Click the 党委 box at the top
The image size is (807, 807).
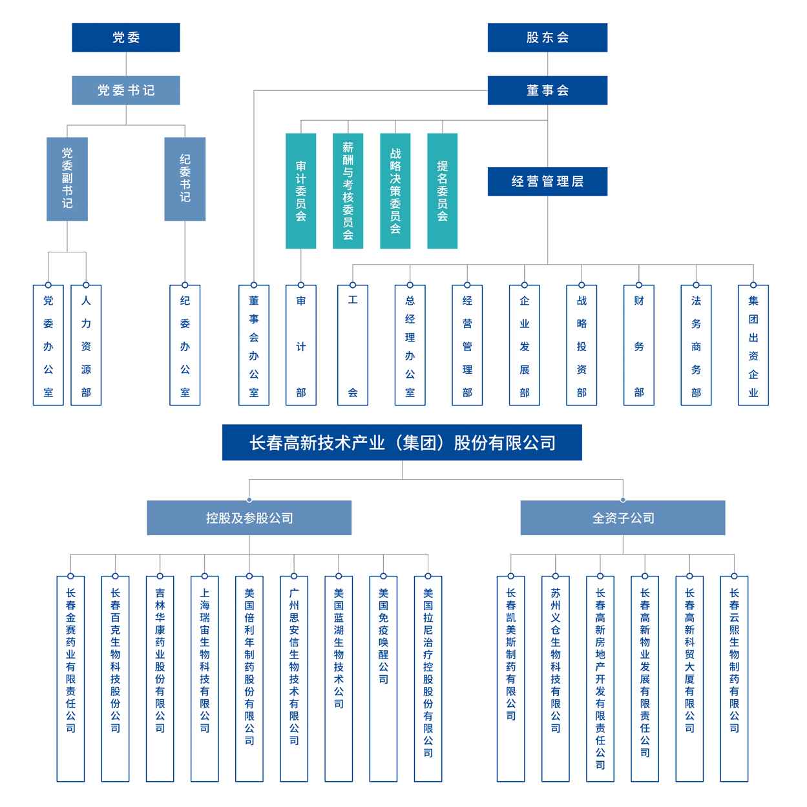[x=126, y=37]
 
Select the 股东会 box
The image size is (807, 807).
[x=547, y=37]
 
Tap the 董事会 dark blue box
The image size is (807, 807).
[x=547, y=90]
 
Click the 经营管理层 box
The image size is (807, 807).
[x=547, y=181]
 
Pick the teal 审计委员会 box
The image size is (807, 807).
[x=301, y=190]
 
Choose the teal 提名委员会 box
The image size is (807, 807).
[x=443, y=190]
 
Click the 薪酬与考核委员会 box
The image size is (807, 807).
[x=348, y=190]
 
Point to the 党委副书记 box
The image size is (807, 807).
[x=67, y=179]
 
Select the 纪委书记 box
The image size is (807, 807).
[x=185, y=179]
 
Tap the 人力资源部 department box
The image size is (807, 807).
[x=86, y=345]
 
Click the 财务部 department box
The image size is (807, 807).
[x=639, y=345]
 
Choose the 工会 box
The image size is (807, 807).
[x=353, y=345]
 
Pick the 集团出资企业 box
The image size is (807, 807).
[x=753, y=345]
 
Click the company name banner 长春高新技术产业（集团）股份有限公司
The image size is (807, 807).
[x=402, y=442]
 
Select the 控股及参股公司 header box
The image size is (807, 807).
[x=249, y=518]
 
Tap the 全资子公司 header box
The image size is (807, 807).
[x=623, y=518]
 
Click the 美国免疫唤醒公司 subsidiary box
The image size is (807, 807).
[x=383, y=678]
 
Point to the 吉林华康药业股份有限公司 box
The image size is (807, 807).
[x=160, y=678]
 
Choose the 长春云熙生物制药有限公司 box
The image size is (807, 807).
[x=734, y=678]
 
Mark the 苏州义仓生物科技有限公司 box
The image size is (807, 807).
[x=556, y=678]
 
